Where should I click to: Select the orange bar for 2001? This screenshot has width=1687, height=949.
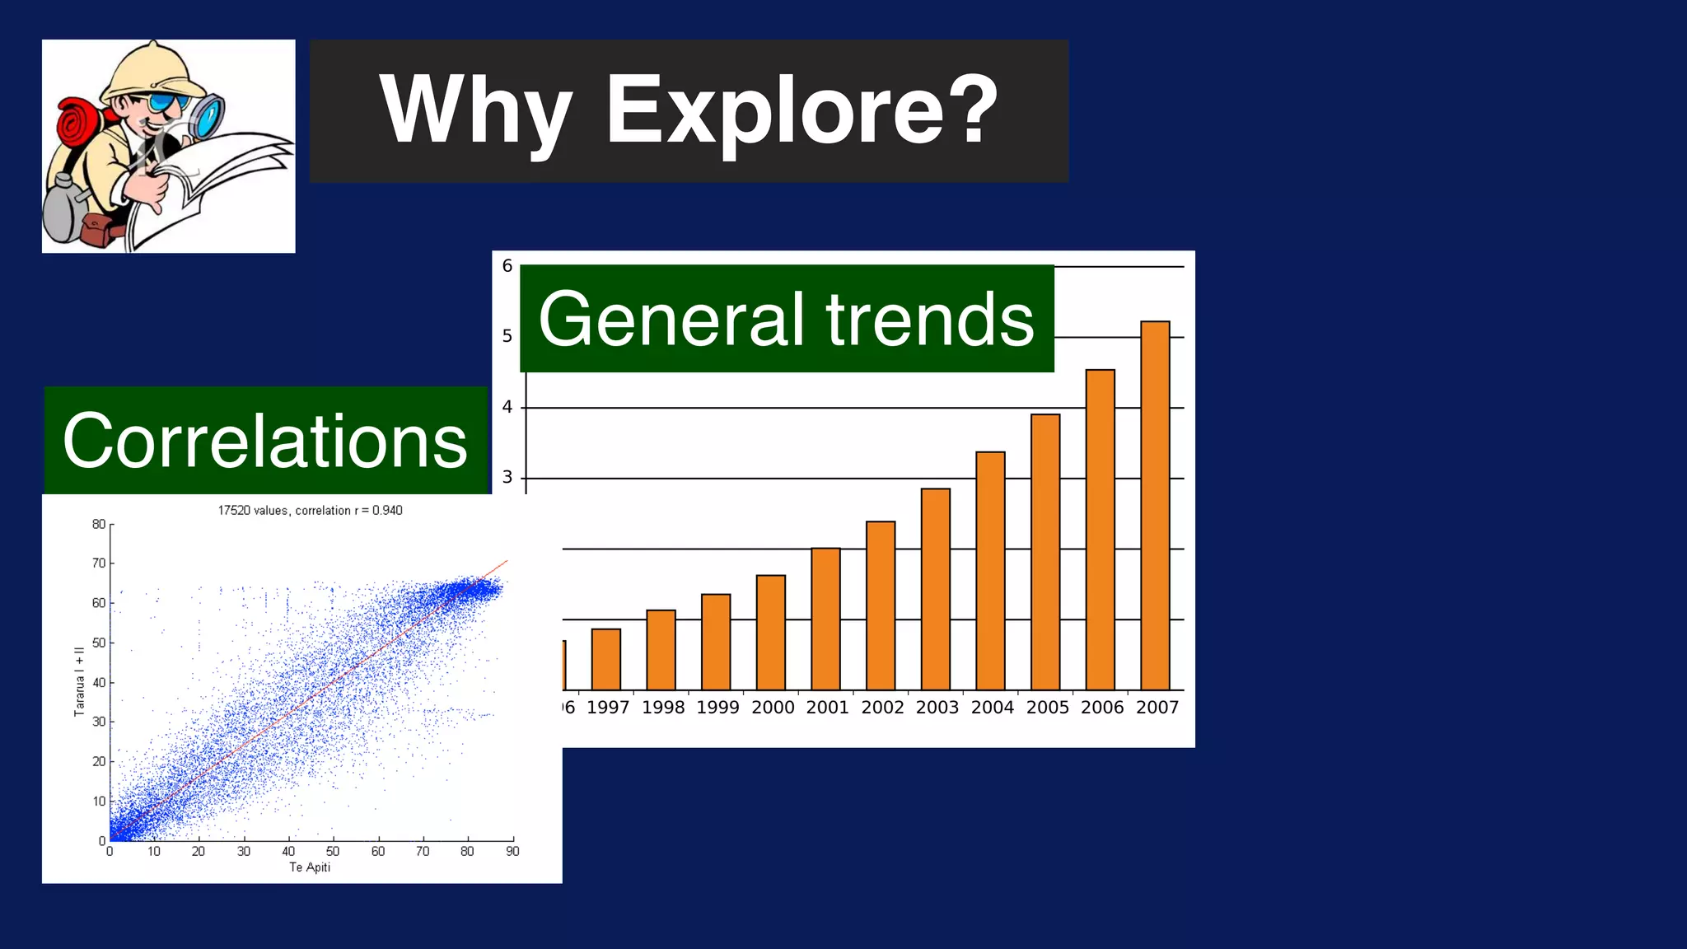click(x=825, y=619)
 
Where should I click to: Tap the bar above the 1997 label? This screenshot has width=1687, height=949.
click(x=606, y=659)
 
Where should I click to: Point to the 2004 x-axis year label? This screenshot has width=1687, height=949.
click(x=992, y=708)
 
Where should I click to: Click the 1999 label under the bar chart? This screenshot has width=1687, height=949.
click(x=717, y=708)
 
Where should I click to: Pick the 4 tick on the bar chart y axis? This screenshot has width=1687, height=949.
click(x=507, y=407)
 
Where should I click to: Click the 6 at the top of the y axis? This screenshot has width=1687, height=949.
click(x=507, y=266)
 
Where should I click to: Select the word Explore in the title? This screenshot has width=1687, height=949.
click(x=801, y=110)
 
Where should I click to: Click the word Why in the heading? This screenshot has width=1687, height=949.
click(x=475, y=110)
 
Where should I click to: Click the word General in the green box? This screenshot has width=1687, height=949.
click(x=671, y=320)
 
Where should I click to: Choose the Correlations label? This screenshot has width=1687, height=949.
click(x=265, y=441)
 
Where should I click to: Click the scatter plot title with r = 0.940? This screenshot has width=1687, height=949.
click(x=310, y=511)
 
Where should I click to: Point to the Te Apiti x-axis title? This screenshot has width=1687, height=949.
click(x=310, y=867)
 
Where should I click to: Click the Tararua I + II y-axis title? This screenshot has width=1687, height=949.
click(x=80, y=681)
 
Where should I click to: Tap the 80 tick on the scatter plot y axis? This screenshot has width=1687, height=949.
click(x=99, y=525)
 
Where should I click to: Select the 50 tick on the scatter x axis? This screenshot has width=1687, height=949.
click(x=333, y=852)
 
